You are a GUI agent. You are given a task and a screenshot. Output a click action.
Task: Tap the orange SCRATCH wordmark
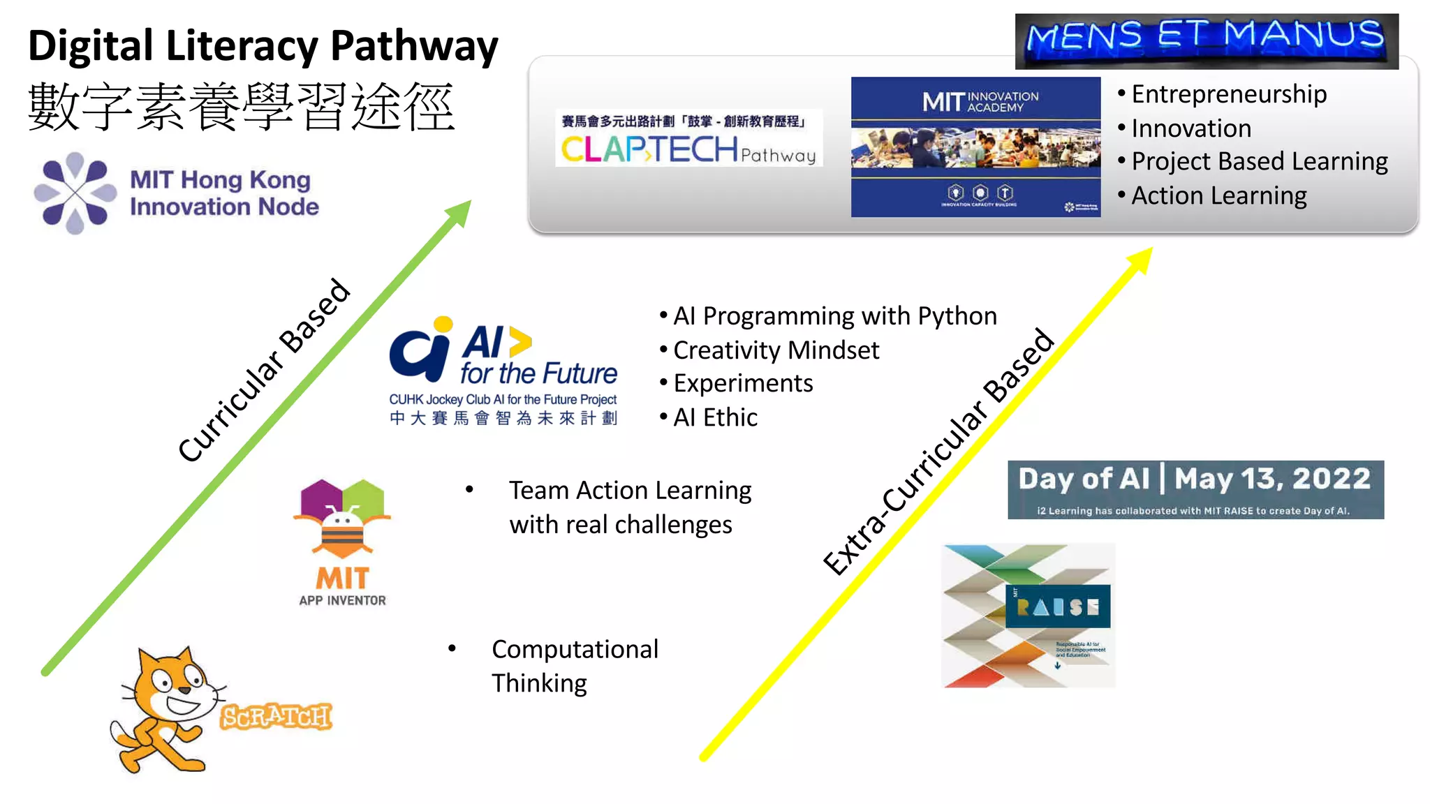tap(276, 717)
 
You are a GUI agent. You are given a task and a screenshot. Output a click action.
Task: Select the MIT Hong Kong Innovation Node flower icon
tap(75, 193)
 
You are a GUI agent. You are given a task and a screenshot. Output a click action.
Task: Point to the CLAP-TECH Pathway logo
tap(688, 140)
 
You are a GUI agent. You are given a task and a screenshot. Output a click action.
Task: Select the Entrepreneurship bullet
tap(1228, 94)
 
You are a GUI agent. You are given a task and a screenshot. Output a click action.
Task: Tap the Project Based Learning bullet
tap(1259, 161)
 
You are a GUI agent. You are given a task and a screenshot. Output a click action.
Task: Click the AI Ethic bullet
tap(714, 417)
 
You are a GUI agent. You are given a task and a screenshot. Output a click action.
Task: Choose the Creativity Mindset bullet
tap(775, 350)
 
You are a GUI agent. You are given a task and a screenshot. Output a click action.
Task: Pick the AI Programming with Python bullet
tap(834, 316)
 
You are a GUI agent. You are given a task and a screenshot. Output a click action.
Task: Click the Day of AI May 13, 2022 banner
tap(1195, 489)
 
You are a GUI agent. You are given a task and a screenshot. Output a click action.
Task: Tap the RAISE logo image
tap(1028, 616)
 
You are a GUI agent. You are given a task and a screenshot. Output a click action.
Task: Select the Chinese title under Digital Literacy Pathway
tap(242, 107)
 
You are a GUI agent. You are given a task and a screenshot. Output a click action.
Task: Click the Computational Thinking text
tap(574, 666)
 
